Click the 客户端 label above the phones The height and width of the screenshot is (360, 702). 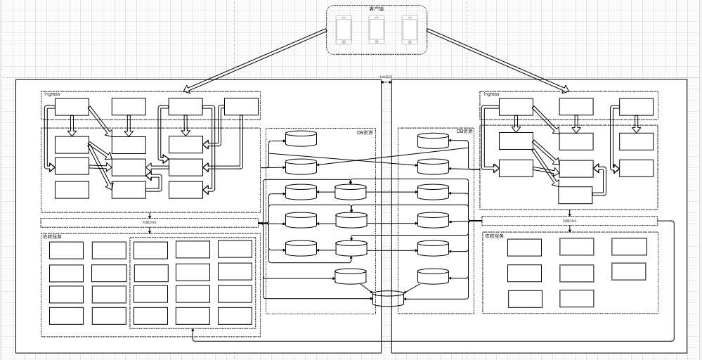click(377, 9)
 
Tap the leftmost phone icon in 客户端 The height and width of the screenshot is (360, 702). click(344, 30)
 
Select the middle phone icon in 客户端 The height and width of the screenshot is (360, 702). click(377, 30)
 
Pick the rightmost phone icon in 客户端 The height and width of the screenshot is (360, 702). click(410, 30)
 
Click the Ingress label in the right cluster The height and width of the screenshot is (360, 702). click(491, 94)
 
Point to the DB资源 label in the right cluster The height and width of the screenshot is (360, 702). click(465, 131)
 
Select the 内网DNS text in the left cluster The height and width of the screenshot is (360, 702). click(150, 223)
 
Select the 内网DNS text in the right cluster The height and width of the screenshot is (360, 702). click(570, 221)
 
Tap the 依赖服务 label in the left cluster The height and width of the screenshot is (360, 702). click(52, 237)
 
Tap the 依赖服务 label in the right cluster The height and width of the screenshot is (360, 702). click(494, 236)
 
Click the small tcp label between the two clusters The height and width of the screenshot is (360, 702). click(386, 77)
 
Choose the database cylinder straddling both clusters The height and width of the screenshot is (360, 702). click(389, 298)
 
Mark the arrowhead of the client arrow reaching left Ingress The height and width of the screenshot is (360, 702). click(184, 91)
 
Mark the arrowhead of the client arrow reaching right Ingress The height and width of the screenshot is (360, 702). click(567, 90)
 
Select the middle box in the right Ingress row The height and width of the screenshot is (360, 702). click(576, 106)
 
